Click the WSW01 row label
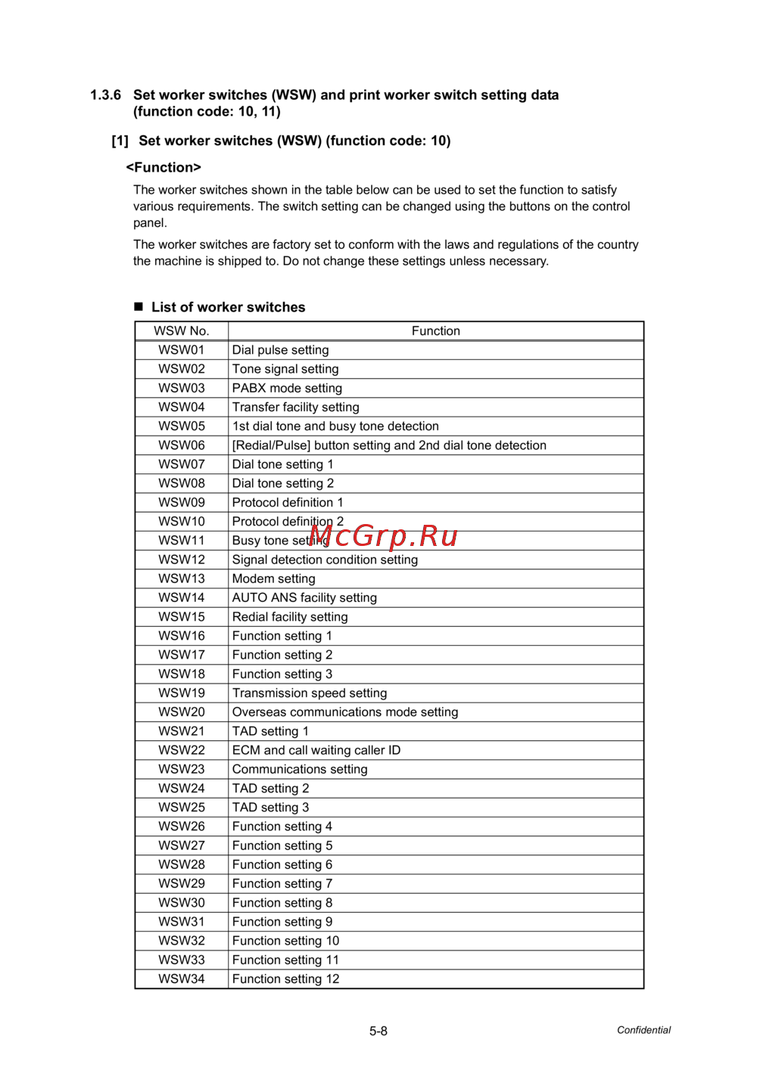[x=181, y=350]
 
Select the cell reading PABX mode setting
[x=287, y=388]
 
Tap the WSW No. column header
[x=181, y=331]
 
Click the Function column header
[x=435, y=331]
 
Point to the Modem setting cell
[x=273, y=578]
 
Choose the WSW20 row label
[x=181, y=712]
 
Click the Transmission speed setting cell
[x=309, y=693]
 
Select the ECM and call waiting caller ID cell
[x=316, y=750]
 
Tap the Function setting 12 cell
[x=285, y=979]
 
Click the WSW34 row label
[x=181, y=979]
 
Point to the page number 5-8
[x=378, y=1031]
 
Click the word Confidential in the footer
[x=643, y=1030]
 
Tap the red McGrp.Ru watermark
[x=384, y=536]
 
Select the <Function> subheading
[x=164, y=168]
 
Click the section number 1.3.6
[x=105, y=95]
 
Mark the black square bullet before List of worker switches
[x=139, y=306]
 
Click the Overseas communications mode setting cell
[x=344, y=712]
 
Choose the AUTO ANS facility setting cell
[x=304, y=597]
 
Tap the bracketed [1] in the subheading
[x=120, y=141]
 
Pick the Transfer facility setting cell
[x=295, y=407]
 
